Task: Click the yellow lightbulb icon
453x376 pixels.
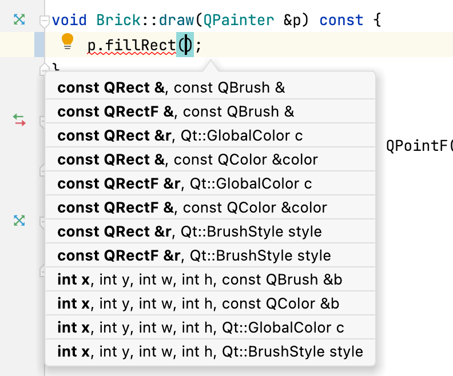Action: [67, 41]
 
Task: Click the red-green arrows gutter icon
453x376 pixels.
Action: [19, 120]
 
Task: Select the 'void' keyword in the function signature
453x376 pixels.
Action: [69, 20]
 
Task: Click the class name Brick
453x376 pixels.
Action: [118, 20]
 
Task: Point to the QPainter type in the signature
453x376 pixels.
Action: [239, 20]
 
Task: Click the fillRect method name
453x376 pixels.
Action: [140, 46]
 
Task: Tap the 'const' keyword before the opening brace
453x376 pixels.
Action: [341, 20]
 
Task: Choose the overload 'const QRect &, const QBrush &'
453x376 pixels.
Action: [171, 88]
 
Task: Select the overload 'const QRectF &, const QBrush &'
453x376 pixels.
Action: [176, 111]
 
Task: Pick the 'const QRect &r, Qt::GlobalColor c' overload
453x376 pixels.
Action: [180, 135]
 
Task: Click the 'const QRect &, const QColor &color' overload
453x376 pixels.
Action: [188, 159]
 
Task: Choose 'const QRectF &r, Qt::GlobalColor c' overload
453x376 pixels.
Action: [185, 183]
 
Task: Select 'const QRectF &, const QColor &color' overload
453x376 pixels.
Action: [192, 207]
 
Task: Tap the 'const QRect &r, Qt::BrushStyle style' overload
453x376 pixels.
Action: [189, 231]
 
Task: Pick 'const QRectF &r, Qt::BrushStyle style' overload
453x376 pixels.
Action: [194, 255]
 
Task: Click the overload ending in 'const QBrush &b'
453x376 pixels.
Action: [200, 279]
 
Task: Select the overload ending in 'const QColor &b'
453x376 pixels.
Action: [198, 303]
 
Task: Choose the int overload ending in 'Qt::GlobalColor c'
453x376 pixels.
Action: [201, 327]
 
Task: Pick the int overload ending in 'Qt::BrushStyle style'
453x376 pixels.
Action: [210, 351]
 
